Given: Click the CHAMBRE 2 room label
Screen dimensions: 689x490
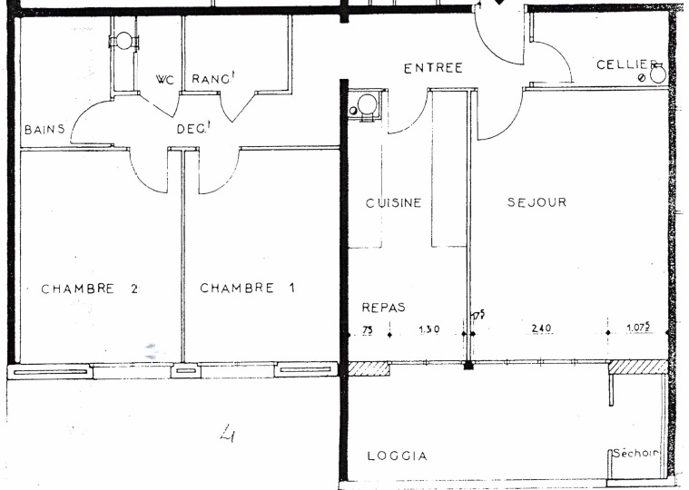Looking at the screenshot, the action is (x=90, y=289).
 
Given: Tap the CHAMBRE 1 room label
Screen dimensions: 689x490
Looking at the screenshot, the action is (x=248, y=288).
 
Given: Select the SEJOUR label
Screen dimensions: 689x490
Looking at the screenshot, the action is (x=537, y=202).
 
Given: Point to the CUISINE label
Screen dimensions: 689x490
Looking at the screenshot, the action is (x=394, y=203).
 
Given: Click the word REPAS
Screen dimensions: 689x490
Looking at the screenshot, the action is (x=383, y=308).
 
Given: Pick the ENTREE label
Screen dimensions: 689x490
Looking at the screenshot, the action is (x=433, y=68).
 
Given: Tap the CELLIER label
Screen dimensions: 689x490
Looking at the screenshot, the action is (x=626, y=65).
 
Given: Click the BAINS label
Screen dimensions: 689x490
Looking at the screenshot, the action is (x=44, y=130).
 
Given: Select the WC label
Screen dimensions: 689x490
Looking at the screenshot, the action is (x=165, y=80).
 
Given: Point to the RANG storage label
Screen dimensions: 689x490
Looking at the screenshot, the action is (x=212, y=78).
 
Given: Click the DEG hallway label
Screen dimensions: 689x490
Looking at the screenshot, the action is (x=193, y=128).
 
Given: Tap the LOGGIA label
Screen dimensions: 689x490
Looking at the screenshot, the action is (x=398, y=456).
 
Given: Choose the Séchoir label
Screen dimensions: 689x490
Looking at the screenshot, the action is (x=635, y=453).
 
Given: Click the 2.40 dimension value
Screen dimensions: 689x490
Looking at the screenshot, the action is (x=541, y=328).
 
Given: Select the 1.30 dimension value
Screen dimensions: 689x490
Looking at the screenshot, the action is (x=428, y=328).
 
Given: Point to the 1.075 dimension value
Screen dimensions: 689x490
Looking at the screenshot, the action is (x=638, y=327).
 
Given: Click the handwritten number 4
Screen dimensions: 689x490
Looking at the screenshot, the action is (x=228, y=433).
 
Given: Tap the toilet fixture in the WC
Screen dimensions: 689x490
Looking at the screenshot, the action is (x=123, y=41).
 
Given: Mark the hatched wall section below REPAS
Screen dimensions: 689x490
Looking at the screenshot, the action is (x=369, y=368).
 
